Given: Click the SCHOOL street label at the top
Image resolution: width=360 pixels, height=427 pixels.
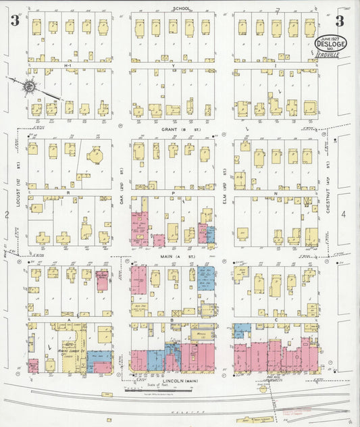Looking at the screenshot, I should tap(181, 8).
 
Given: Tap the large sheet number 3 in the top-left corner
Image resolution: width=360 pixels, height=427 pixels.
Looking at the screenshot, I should tap(14, 20).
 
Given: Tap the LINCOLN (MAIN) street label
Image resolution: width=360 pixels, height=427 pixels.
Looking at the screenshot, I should tap(180, 381).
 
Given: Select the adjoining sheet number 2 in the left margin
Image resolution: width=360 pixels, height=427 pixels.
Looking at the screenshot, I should tap(7, 215).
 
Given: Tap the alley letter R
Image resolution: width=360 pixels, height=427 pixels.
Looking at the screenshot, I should tap(69, 193).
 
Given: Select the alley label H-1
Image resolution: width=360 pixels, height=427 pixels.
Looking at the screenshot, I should tap(68, 65).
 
